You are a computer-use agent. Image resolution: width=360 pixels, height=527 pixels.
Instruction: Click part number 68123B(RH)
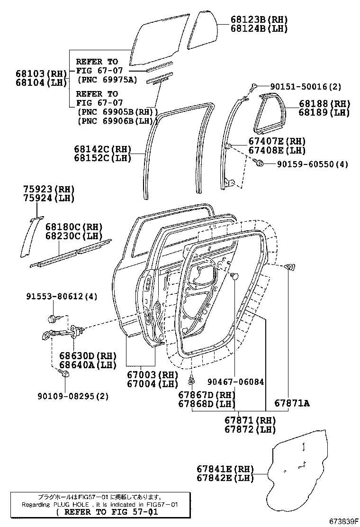pyautogui.click(x=259, y=19)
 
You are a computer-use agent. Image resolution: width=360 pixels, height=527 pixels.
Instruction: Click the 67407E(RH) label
pyautogui.click(x=277, y=141)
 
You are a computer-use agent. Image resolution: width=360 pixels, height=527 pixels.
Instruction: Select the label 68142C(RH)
pyautogui.click(x=102, y=149)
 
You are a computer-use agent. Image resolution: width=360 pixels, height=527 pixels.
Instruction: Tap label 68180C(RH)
pyautogui.click(x=74, y=227)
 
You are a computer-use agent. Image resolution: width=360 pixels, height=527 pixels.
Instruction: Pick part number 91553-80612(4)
pyautogui.click(x=62, y=296)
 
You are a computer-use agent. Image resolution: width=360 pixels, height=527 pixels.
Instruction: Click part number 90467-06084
pyautogui.click(x=235, y=382)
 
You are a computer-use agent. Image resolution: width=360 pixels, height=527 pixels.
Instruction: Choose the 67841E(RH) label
pyautogui.click(x=225, y=469)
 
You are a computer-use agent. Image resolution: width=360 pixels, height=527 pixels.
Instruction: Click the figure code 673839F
pyautogui.click(x=342, y=521)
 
